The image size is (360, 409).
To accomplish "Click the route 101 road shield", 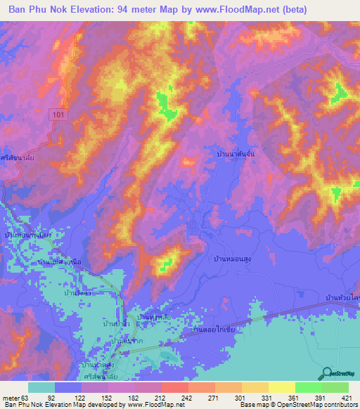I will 58,113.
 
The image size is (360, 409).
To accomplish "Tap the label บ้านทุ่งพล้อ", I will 155,318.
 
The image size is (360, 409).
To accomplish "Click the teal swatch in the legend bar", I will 41,387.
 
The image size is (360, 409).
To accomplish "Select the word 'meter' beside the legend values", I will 10,398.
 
